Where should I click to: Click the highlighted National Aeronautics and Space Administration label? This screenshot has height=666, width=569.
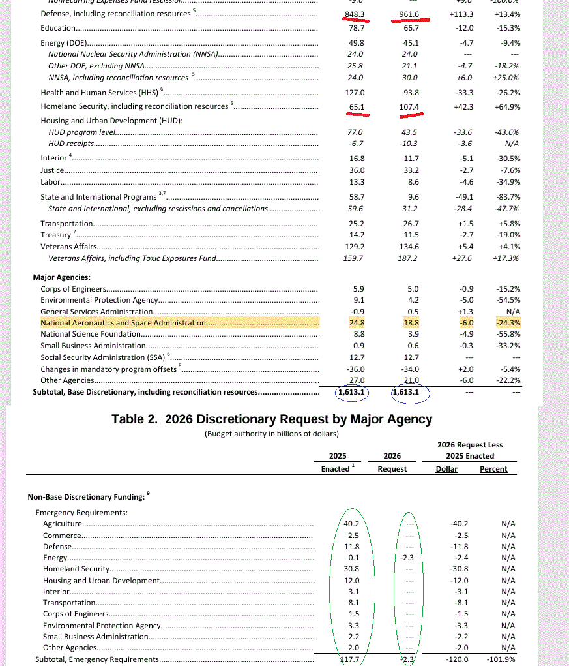[123, 323]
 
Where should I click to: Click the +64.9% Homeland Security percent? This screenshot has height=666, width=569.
[507, 106]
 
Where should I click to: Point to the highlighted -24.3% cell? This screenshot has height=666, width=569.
[507, 323]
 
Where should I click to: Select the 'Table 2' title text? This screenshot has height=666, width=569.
[272, 419]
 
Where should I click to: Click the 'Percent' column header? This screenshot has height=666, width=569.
[493, 469]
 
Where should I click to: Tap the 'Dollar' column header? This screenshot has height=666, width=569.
[446, 469]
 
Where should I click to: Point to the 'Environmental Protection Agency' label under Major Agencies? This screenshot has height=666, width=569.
[99, 300]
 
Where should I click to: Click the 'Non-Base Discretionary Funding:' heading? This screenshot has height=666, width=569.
[85, 497]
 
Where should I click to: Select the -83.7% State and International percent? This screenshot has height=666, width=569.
[507, 197]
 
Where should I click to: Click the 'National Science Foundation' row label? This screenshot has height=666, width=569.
[91, 334]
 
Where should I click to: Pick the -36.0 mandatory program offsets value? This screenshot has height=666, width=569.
[356, 369]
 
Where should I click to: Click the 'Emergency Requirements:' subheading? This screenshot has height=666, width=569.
[81, 513]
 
